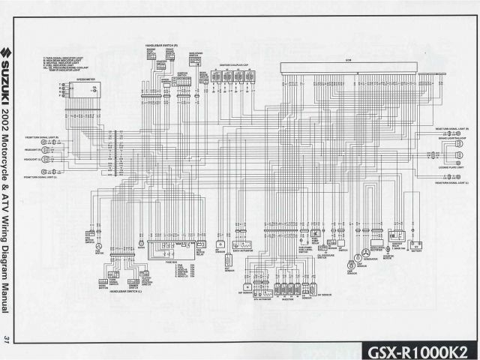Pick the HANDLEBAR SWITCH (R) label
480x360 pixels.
click(x=160, y=46)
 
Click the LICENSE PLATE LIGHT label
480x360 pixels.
click(x=451, y=167)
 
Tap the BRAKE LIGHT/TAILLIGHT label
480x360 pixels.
click(x=451, y=139)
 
